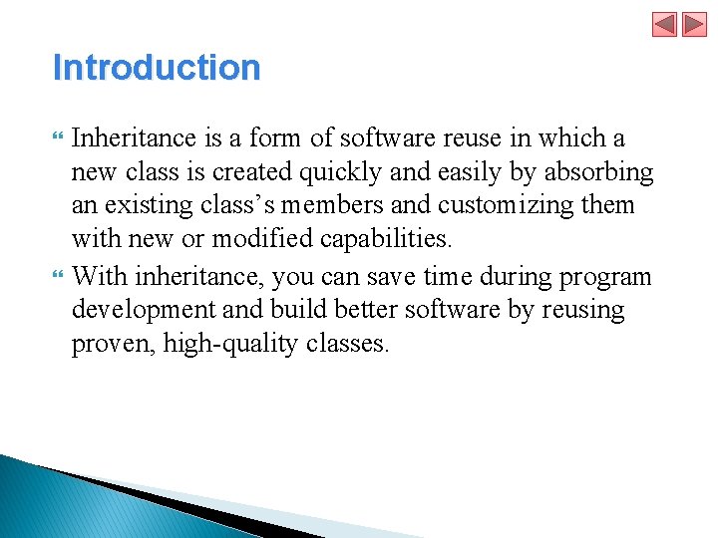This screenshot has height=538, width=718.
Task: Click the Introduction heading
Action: tap(157, 68)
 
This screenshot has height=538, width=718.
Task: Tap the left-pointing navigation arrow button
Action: tap(664, 24)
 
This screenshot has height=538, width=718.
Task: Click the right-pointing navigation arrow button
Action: tap(693, 24)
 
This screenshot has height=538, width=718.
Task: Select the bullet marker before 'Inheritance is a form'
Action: tap(57, 138)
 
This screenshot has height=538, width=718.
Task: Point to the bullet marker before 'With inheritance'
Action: tap(57, 276)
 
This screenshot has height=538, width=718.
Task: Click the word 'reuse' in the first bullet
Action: tap(440, 138)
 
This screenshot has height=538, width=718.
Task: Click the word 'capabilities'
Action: tap(396, 240)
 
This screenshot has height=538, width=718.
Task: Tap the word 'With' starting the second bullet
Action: tap(100, 276)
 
